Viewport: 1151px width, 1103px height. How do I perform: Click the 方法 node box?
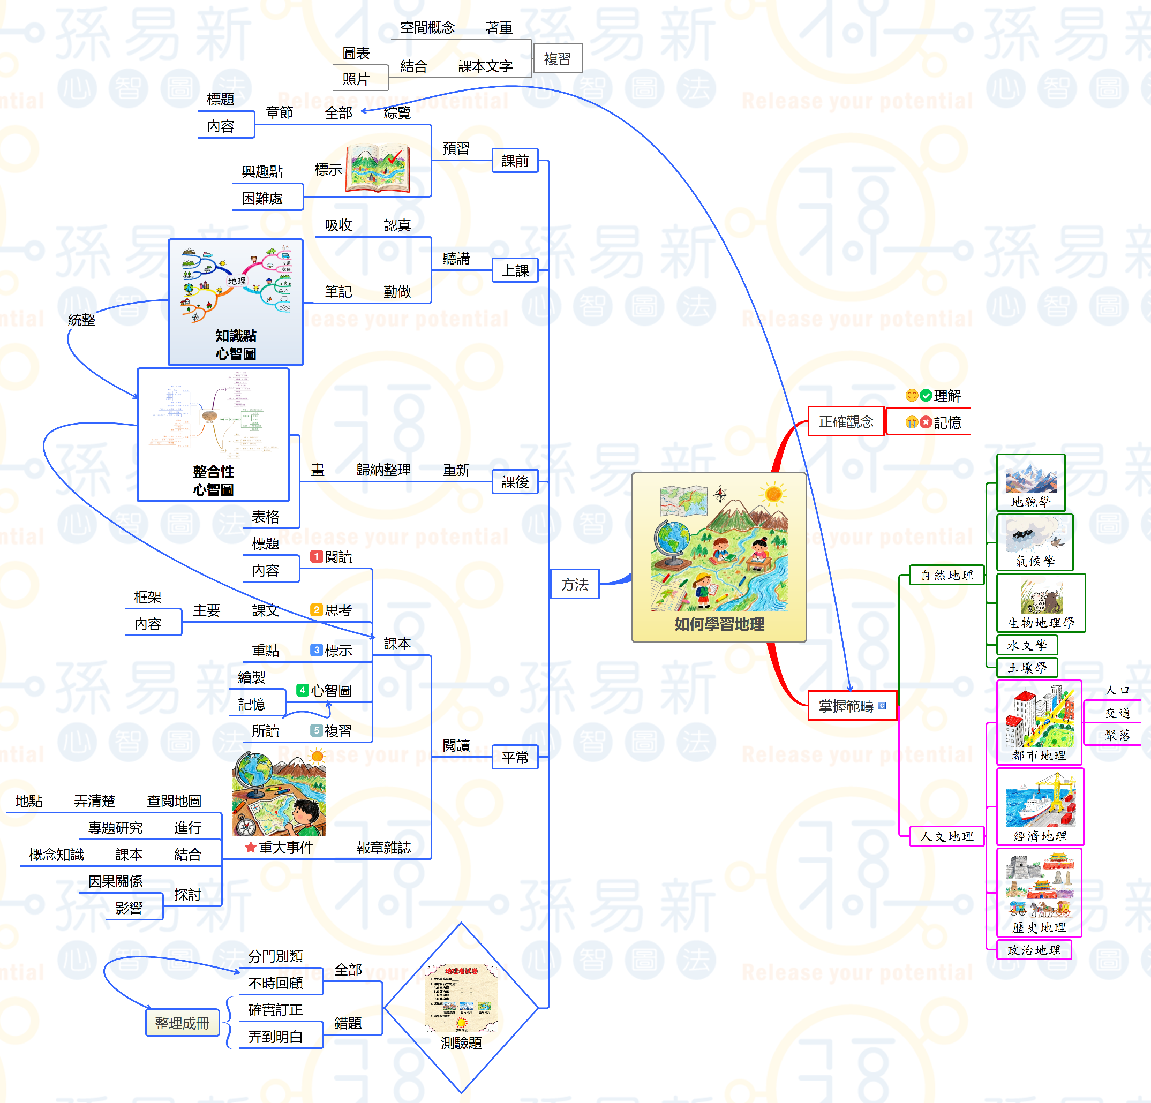tap(574, 584)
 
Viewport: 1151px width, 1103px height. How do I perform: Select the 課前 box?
tap(515, 161)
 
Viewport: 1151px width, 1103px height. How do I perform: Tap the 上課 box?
tap(515, 270)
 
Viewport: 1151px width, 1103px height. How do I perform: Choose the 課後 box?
tap(515, 482)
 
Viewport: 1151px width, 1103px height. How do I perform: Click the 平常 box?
tap(515, 757)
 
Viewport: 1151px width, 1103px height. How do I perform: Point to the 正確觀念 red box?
tap(846, 421)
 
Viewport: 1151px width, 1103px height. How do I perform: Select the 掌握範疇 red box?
tap(852, 706)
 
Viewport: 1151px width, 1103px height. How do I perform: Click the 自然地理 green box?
tap(946, 575)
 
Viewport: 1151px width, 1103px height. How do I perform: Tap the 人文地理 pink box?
tap(946, 836)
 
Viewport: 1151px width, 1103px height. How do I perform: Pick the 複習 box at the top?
tap(558, 59)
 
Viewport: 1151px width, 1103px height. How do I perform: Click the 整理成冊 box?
tap(182, 1023)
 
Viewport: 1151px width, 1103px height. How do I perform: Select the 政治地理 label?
tap(1034, 950)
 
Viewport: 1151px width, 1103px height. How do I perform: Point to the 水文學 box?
tap(1027, 645)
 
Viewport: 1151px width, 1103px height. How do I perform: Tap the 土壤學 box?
tap(1027, 668)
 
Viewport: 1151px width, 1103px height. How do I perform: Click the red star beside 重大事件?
tap(250, 847)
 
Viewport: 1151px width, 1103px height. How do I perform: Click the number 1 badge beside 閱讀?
tap(317, 556)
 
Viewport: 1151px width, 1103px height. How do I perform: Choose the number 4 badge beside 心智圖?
tap(303, 690)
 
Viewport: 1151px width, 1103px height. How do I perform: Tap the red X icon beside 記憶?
tap(926, 422)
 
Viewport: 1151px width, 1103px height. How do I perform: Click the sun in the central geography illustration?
tap(773, 494)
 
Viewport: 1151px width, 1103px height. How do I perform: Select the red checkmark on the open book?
tap(395, 156)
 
